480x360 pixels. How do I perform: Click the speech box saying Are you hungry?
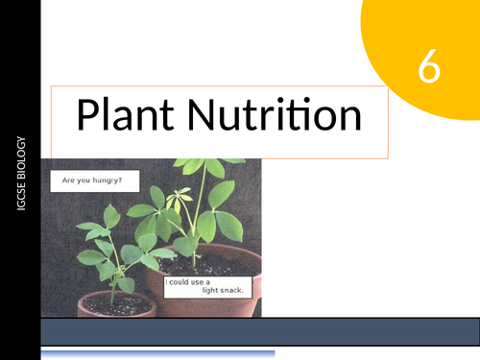tap(93, 180)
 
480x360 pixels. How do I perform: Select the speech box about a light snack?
tap(204, 286)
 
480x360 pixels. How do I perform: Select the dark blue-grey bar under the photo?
tap(259, 331)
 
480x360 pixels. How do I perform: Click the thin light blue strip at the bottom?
tap(158, 354)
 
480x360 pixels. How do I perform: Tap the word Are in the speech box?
tap(69, 180)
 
